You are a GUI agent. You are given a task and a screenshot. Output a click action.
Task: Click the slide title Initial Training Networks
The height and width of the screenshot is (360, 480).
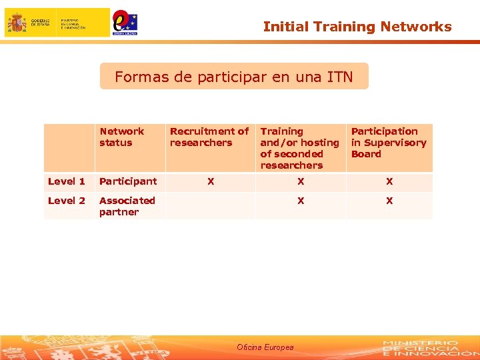tap(357, 27)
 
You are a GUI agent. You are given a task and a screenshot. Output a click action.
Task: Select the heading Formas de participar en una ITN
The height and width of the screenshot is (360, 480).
tap(233, 77)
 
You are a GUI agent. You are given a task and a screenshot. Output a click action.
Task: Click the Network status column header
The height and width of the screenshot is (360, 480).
tap(121, 137)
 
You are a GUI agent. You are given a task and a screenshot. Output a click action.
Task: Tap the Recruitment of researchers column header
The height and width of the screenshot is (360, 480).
tap(209, 137)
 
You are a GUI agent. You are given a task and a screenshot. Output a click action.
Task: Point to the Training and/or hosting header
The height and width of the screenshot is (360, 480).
tap(299, 148)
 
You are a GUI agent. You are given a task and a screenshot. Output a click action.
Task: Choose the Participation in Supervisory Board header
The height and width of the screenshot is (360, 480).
tap(388, 143)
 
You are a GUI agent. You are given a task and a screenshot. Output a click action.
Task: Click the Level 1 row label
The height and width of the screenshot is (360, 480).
tap(67, 181)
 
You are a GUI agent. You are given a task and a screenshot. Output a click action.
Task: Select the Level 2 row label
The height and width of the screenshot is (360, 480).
tap(67, 201)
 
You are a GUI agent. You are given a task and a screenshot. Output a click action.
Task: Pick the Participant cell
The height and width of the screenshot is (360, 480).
tap(128, 181)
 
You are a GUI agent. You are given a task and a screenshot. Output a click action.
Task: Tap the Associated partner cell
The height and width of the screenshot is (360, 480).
tap(127, 206)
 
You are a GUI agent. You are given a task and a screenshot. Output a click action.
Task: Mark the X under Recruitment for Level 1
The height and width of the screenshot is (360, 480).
tap(211, 181)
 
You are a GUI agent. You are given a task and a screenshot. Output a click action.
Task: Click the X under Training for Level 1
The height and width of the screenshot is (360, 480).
tap(301, 181)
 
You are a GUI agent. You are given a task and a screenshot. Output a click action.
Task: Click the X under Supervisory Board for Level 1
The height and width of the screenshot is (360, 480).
tap(389, 181)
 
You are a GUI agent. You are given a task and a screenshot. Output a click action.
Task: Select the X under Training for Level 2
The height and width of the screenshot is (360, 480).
tap(301, 201)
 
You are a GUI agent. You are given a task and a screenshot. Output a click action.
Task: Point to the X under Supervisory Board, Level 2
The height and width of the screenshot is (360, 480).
tap(389, 201)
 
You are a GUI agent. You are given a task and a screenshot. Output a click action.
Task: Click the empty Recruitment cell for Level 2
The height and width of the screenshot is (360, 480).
tap(210, 206)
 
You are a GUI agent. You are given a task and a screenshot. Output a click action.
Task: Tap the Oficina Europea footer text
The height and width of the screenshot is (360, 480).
tap(265, 347)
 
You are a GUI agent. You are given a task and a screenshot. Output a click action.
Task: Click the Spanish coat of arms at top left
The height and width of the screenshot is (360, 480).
tap(17, 23)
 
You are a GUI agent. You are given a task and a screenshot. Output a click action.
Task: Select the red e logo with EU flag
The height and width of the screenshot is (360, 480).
tap(125, 23)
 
